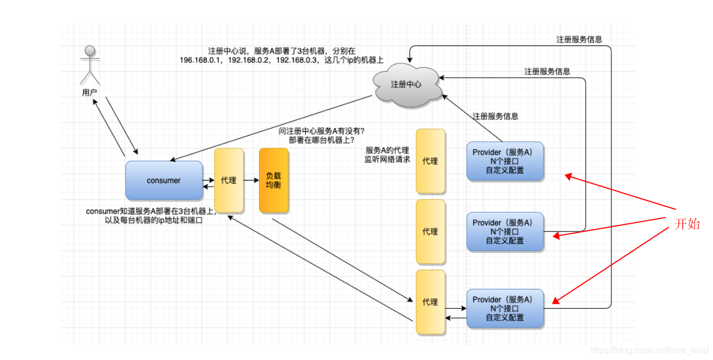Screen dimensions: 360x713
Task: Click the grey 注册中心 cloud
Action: click(x=407, y=85)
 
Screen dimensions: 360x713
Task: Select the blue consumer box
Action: click(x=163, y=181)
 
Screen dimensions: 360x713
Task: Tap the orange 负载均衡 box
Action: click(x=273, y=181)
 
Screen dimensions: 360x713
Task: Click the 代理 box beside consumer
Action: click(x=229, y=181)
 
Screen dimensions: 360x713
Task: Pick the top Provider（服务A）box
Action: click(x=505, y=161)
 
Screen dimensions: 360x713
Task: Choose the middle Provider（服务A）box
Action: click(x=505, y=231)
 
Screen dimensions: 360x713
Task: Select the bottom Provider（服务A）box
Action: click(x=505, y=309)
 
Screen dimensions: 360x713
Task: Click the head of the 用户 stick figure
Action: click(x=90, y=51)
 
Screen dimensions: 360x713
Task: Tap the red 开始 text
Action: click(x=687, y=224)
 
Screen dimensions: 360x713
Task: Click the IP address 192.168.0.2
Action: click(x=250, y=60)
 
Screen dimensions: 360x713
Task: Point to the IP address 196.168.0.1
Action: click(x=201, y=60)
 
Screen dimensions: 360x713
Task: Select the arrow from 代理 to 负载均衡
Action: click(x=251, y=180)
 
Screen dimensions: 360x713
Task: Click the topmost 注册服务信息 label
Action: click(x=579, y=39)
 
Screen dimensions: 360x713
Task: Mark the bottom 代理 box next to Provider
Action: click(x=430, y=302)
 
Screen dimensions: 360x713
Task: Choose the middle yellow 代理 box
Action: click(x=430, y=232)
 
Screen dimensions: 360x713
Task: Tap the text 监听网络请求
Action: click(x=387, y=160)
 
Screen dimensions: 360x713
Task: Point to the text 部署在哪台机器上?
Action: click(x=322, y=140)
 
